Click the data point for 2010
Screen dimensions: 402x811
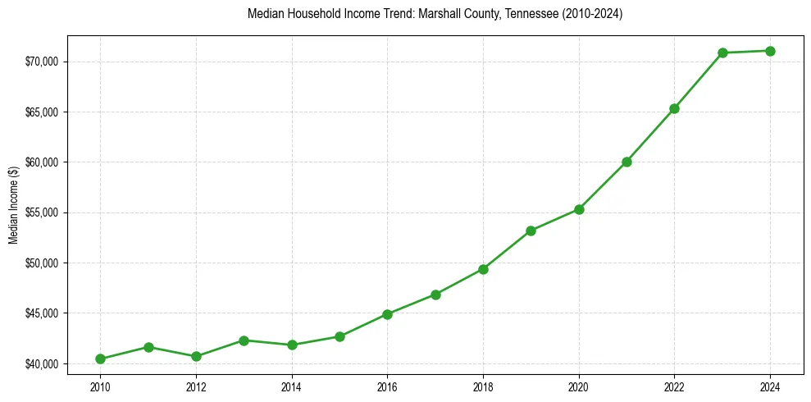[100, 359]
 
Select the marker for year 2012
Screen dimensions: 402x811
[196, 356]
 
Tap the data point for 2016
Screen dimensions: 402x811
[387, 314]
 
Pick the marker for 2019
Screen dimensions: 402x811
[531, 231]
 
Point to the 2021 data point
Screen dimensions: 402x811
[626, 162]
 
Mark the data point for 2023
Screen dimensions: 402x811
[722, 53]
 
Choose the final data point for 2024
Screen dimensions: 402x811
[770, 51]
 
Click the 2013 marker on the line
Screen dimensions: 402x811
[244, 340]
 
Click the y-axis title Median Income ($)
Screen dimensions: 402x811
[14, 212]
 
